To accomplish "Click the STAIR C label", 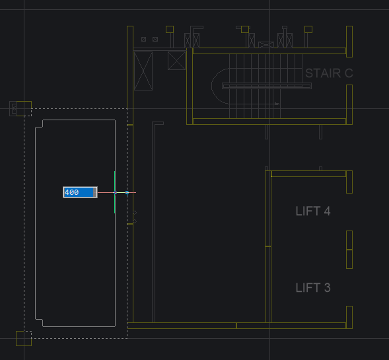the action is pos(329,73).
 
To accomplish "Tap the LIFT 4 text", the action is pos(313,211).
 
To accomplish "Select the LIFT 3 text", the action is pos(313,287).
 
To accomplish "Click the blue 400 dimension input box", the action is pos(80,192).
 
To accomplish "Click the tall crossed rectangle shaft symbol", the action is pos(143,71).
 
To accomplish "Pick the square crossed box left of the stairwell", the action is pos(176,61).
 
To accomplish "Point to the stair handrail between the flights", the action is pos(267,86).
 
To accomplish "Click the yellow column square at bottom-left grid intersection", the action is pos(24,338).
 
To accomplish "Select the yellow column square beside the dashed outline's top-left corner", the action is pos(24,108).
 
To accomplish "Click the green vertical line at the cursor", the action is pos(115,192).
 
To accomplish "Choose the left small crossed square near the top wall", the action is pos(143,39).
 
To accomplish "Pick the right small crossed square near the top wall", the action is pos(155,39).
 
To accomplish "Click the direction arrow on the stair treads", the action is pos(277,104).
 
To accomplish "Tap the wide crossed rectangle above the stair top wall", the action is pos(266,45).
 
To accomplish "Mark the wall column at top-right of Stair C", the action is pos(349,42).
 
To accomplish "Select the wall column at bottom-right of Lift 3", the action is pos(349,317).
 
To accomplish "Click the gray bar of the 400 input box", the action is pos(94,192).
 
